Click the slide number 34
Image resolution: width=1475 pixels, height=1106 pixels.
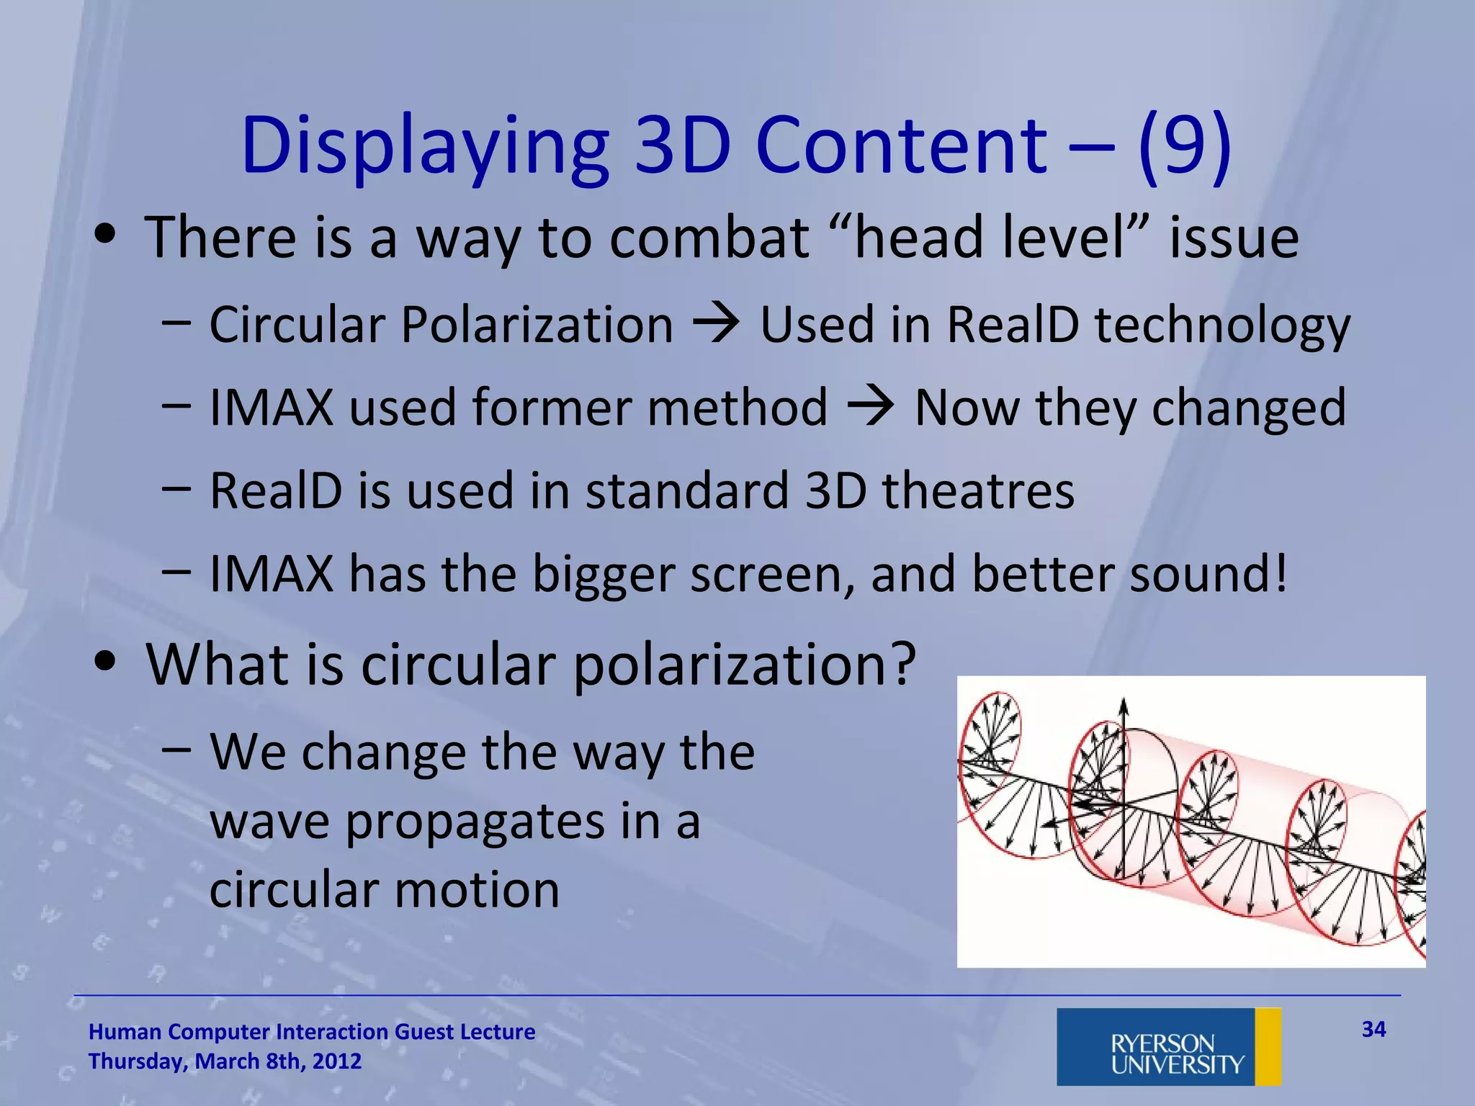[x=1373, y=1029]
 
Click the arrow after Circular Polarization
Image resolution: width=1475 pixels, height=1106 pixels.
[x=716, y=324]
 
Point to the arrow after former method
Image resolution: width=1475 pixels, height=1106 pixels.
[x=870, y=408]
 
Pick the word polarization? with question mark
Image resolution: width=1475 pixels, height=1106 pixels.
[x=745, y=665]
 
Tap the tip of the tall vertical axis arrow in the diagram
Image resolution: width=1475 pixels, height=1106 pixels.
[x=1123, y=700]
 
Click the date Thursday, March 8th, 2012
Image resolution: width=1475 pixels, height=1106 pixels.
[x=225, y=1061]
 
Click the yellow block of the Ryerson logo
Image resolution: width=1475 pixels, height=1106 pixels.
[x=1268, y=1046]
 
